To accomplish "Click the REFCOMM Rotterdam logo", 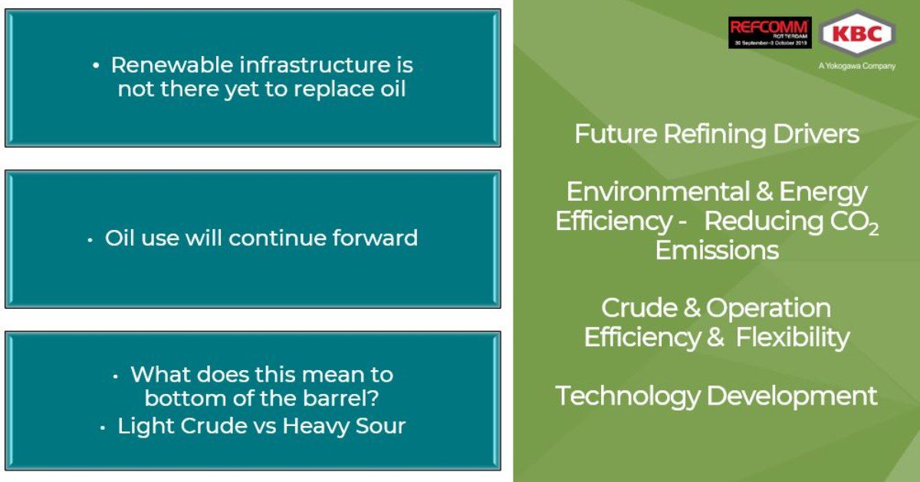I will coord(769,33).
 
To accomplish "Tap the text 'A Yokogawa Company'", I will coord(856,67).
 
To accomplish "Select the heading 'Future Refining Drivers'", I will coord(717,135).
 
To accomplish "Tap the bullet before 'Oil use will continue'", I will coord(90,239).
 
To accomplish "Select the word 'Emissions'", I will coord(717,251).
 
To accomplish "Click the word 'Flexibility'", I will coord(793,338).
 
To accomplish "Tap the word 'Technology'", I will coord(627,396).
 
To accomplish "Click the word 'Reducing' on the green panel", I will coord(760,221).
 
